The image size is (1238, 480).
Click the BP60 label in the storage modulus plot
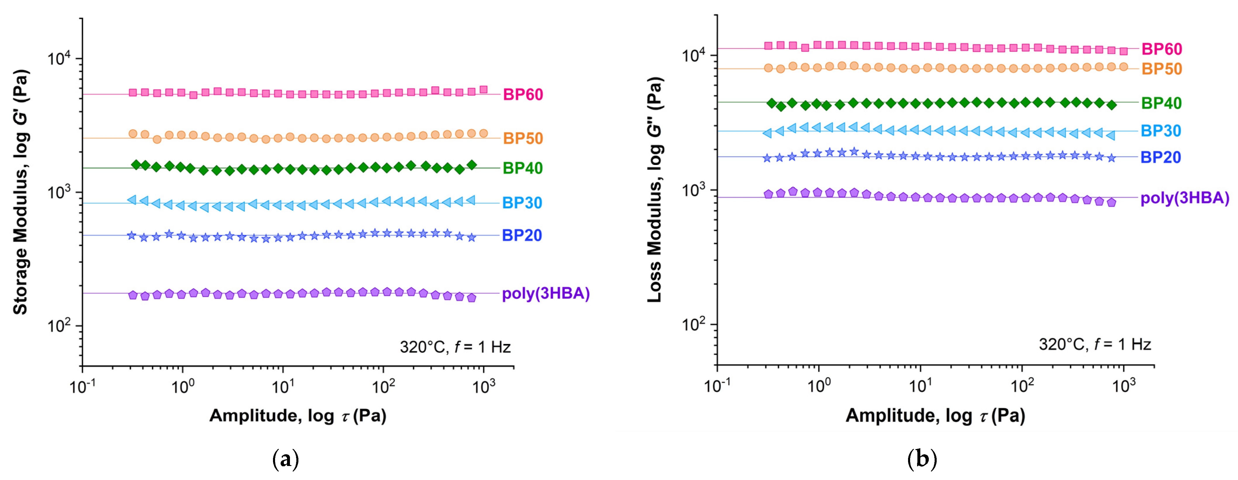coord(523,95)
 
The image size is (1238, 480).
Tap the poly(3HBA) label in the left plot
coord(545,293)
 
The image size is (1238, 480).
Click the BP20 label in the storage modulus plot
coord(522,235)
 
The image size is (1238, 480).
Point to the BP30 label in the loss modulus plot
coord(1161,131)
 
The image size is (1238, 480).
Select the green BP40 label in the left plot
coord(522,168)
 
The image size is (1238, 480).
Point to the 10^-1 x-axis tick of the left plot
coord(82,386)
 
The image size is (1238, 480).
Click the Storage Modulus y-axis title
coord(20,192)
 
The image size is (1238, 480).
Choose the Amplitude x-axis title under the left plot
coord(298,415)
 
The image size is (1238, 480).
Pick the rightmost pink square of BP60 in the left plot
coord(484,89)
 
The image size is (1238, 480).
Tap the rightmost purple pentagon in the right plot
coord(1111,203)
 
